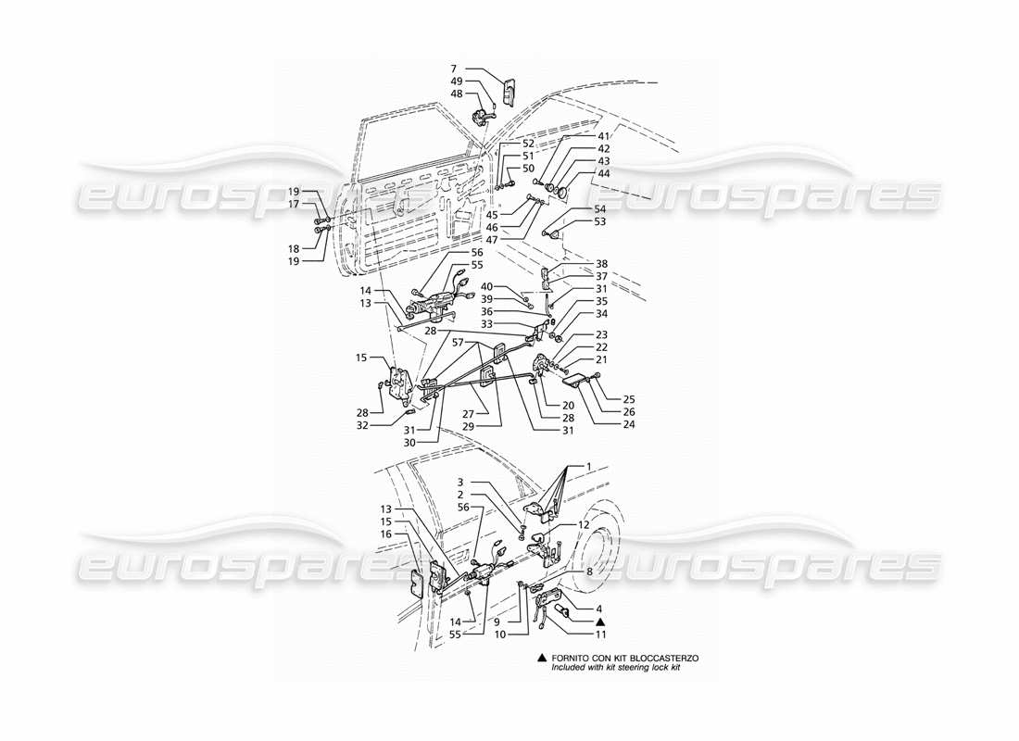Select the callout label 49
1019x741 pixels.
[x=456, y=81]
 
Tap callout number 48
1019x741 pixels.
[x=456, y=94]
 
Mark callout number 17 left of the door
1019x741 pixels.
[x=320, y=204]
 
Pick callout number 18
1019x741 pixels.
[x=320, y=223]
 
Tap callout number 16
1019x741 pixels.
[x=385, y=534]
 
